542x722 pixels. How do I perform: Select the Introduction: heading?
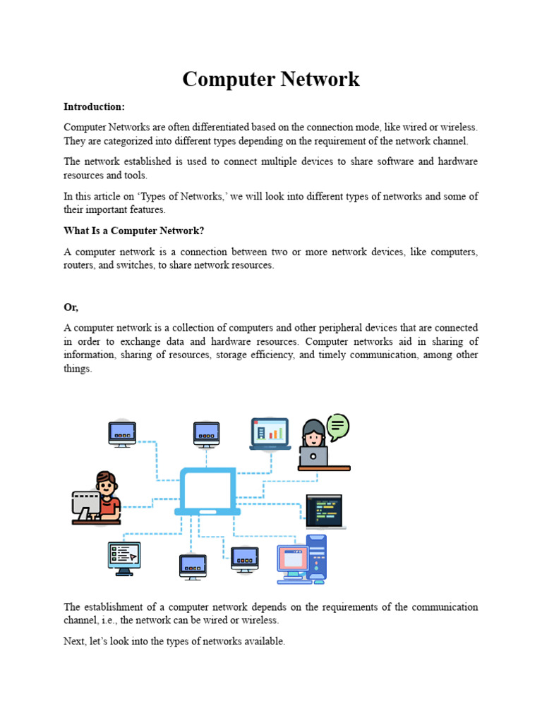pos(94,106)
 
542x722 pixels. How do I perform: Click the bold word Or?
pos(71,307)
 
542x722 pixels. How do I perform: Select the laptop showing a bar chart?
pos(270,434)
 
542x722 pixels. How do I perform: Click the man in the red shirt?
pos(106,494)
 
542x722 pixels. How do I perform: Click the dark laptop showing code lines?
pos(324,510)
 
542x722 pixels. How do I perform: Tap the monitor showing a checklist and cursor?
pos(124,555)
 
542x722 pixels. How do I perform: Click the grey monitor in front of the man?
pos(85,505)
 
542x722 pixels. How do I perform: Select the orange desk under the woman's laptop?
pos(324,467)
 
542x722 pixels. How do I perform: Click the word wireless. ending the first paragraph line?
pos(459,127)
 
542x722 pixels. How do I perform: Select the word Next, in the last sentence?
pos(76,642)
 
